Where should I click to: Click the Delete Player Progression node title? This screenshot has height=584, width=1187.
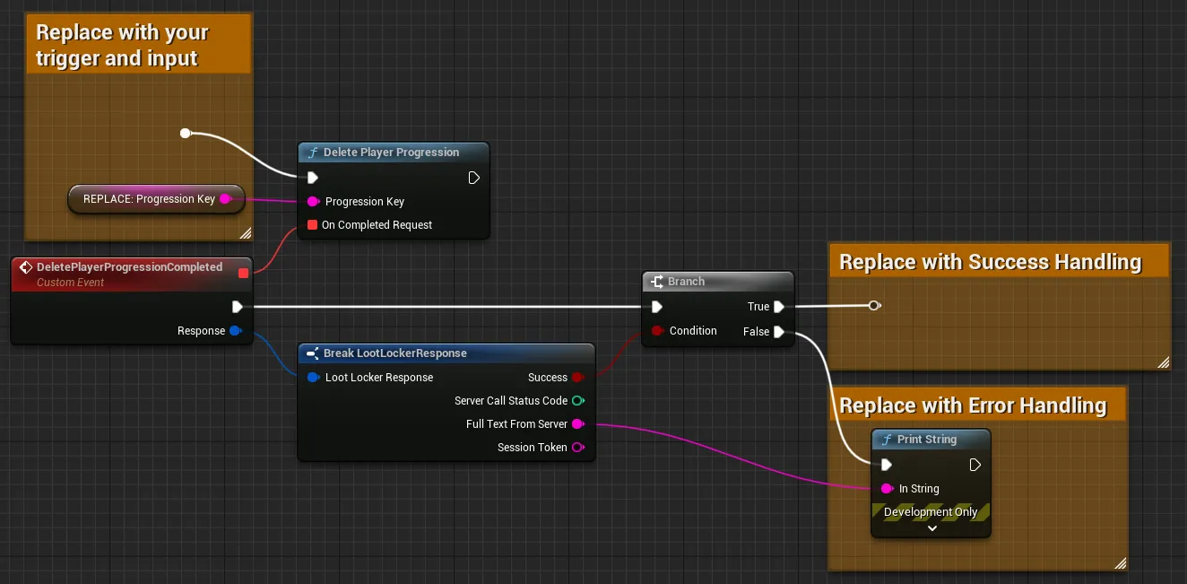coord(391,153)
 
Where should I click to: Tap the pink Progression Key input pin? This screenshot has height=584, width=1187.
coord(313,202)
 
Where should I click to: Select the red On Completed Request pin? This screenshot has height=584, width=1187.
coord(312,225)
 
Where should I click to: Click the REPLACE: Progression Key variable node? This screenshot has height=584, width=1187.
coord(156,199)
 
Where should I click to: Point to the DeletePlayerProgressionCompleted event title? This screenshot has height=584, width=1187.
coord(129,266)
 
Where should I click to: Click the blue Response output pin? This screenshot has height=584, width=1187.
coord(236,331)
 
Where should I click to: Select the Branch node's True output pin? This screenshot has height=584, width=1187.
coord(779,307)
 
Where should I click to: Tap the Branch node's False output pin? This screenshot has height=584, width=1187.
coord(779,332)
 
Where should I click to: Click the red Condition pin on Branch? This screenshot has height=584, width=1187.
coord(657,331)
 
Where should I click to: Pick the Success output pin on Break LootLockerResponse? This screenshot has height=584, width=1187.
coord(577,378)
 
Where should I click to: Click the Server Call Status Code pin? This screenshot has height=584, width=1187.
coord(578,401)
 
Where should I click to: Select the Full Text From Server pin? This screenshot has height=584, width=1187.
coord(578,424)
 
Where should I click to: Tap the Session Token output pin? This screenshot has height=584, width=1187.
coord(578,448)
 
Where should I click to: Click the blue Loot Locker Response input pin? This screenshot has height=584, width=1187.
coord(313,378)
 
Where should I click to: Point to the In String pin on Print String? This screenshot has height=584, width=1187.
coord(887,489)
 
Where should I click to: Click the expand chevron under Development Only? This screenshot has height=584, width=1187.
coord(932,528)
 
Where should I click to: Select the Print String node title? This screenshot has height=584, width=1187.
coord(927,440)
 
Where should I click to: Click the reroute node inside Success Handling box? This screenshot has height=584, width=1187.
coord(874,306)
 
